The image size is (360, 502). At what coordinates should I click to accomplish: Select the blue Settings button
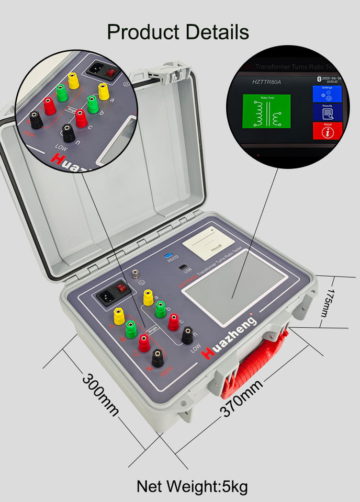tap(327, 94)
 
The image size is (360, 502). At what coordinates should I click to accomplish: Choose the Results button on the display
tap(327, 112)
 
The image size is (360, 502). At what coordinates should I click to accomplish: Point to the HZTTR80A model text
tap(267, 82)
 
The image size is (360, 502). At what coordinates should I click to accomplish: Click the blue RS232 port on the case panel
tap(170, 256)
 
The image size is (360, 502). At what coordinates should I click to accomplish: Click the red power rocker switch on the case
tap(122, 287)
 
